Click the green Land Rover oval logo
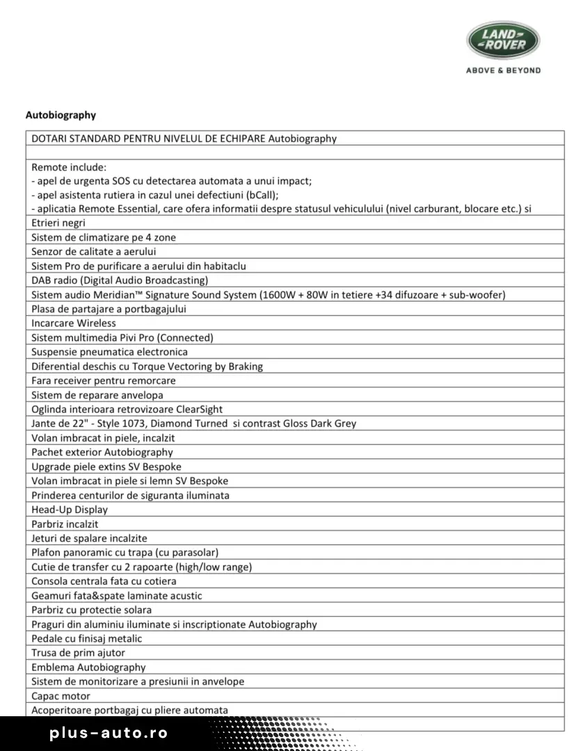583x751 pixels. (502, 40)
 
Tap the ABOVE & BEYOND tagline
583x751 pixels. (502, 70)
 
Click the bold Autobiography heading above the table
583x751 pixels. (61, 115)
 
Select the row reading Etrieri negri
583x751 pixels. (58, 223)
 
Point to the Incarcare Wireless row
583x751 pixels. (74, 323)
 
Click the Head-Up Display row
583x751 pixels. (70, 510)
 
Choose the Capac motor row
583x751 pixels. (61, 696)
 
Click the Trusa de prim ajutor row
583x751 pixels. (78, 653)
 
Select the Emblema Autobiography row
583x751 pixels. (88, 668)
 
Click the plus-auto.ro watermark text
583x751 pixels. (109, 733)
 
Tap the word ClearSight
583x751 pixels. (199, 410)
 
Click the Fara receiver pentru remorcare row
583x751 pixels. (103, 380)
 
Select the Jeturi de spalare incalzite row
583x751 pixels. (89, 538)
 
